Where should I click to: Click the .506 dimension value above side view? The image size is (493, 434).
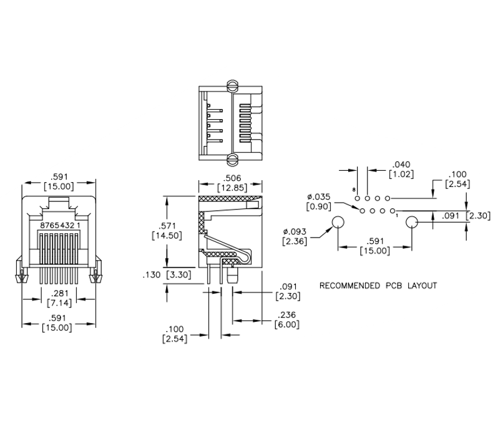(232, 178)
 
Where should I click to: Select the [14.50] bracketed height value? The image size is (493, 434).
(167, 235)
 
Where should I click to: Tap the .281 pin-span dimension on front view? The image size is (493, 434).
(59, 293)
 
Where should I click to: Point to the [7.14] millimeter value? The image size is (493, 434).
(59, 303)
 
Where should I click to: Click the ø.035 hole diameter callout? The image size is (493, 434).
(319, 196)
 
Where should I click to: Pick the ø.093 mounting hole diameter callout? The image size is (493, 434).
(295, 231)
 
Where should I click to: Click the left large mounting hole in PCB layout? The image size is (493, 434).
(338, 222)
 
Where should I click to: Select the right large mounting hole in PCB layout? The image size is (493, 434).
(412, 222)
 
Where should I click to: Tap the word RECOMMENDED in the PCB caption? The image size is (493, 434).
(349, 286)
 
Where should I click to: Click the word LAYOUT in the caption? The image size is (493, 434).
(422, 286)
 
